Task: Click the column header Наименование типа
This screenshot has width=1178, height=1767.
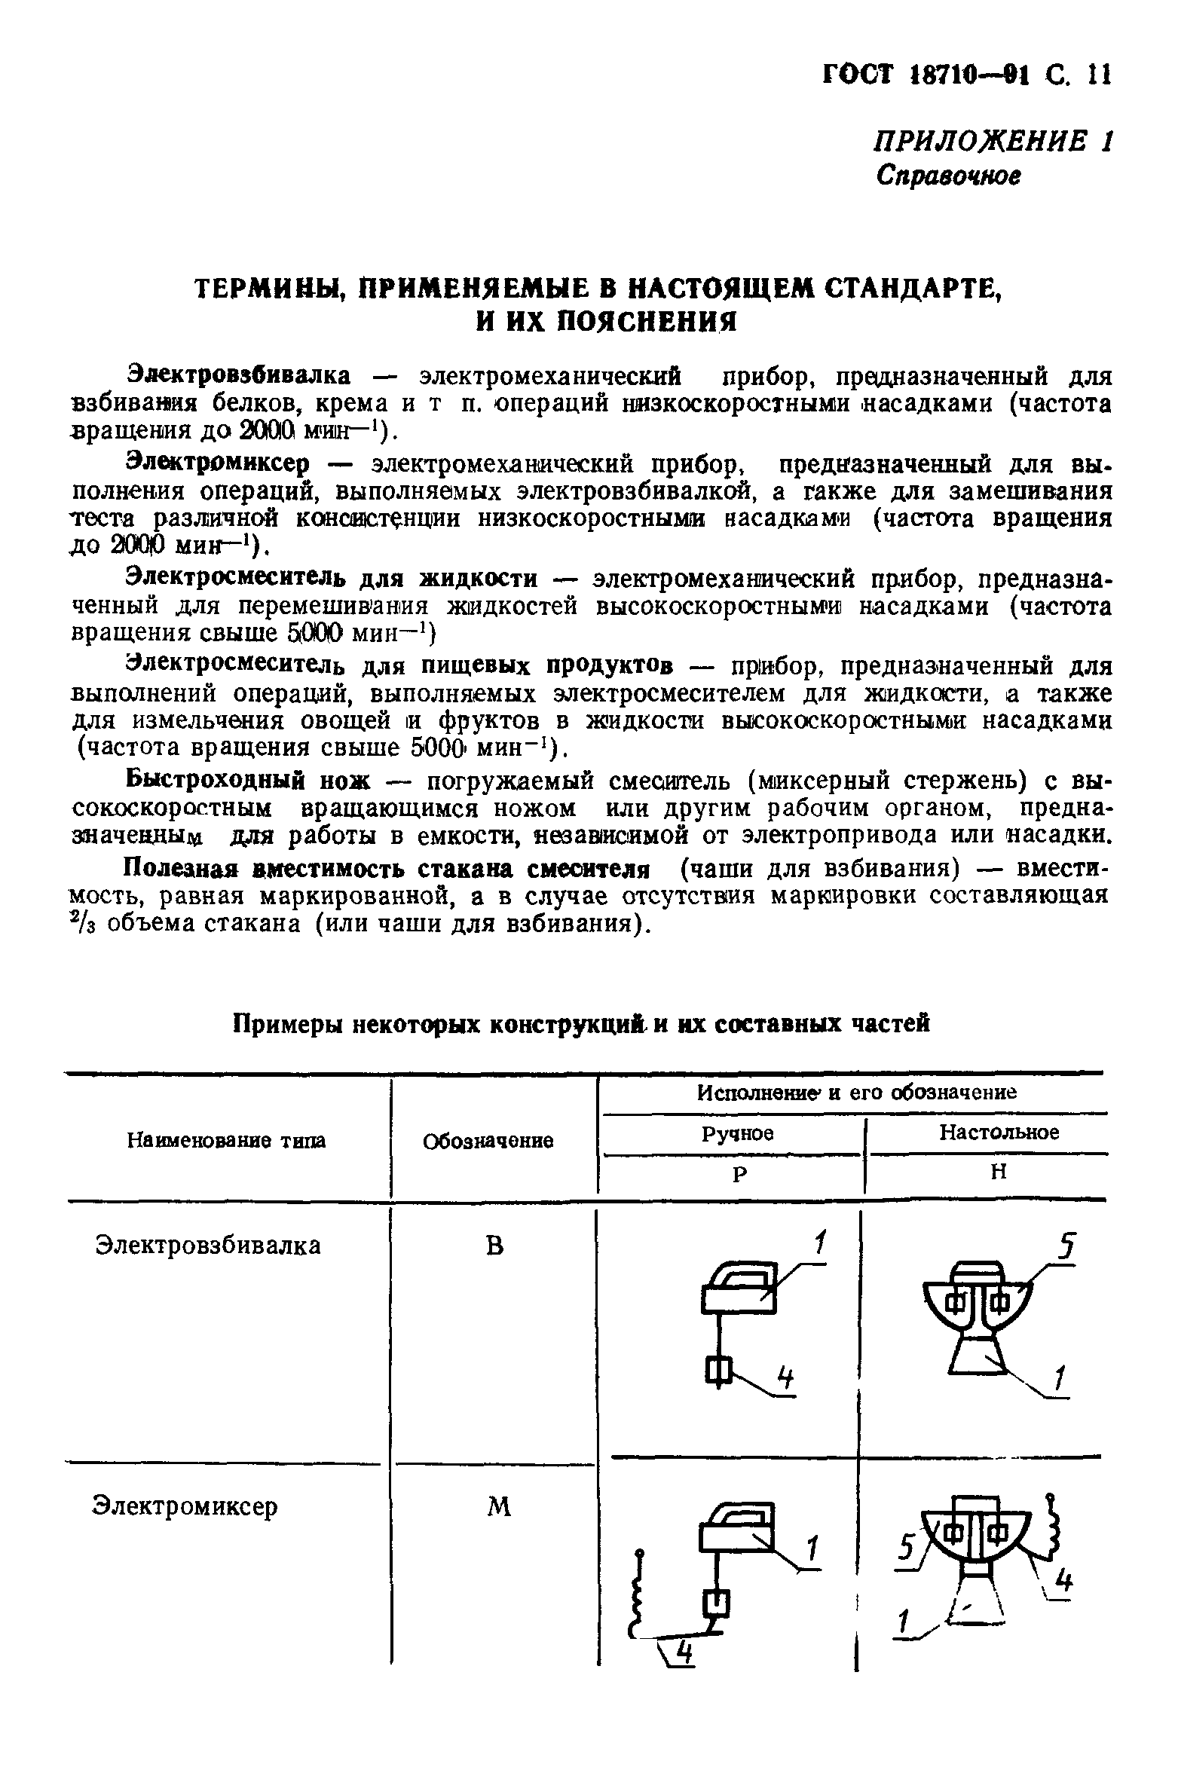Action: (x=226, y=1142)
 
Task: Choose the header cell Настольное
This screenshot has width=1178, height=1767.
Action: (x=999, y=1133)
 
